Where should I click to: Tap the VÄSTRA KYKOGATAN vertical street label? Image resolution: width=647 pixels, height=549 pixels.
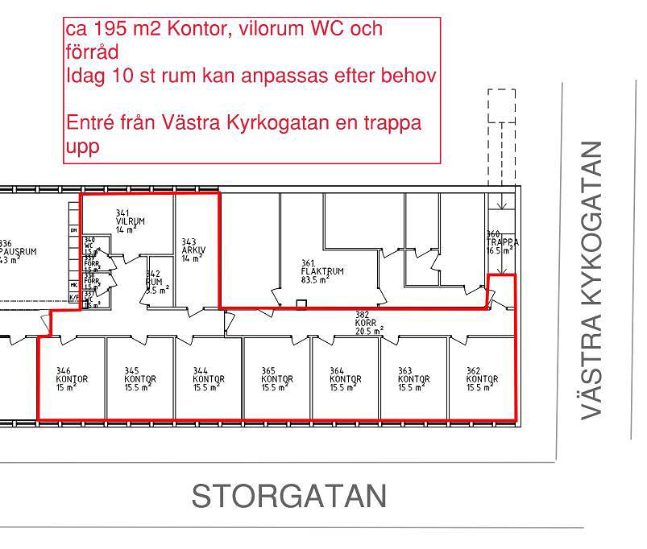(x=592, y=279)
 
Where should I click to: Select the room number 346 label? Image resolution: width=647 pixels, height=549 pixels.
(x=62, y=371)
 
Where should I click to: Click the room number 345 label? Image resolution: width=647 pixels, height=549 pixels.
(x=131, y=371)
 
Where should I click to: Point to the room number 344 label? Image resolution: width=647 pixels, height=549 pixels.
(x=199, y=371)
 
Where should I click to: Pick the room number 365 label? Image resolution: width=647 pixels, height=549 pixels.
(x=268, y=371)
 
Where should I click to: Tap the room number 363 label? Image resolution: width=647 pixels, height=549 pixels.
(x=405, y=371)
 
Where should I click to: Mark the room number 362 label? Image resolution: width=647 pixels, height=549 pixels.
(x=473, y=371)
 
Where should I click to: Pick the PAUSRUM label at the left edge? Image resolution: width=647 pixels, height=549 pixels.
(x=18, y=251)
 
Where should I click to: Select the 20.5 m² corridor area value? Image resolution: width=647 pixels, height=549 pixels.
(x=370, y=330)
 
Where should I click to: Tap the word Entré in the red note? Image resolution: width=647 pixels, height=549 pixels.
(x=87, y=124)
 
